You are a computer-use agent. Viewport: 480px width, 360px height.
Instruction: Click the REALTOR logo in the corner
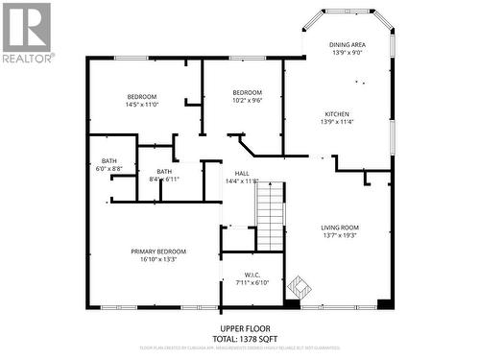click(27, 33)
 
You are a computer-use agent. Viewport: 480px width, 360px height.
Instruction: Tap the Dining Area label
click(347, 44)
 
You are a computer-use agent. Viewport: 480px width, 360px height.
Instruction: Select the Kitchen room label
click(337, 114)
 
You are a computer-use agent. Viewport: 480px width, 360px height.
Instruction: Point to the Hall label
click(242, 173)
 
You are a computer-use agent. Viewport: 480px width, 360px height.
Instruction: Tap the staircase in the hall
click(272, 216)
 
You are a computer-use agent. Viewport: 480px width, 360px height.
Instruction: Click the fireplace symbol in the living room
click(300, 286)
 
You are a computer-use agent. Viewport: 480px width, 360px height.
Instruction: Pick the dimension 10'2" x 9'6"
click(248, 100)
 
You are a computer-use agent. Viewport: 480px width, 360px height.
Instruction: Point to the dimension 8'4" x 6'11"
click(164, 180)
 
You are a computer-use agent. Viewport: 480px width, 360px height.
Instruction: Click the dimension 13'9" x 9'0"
click(347, 52)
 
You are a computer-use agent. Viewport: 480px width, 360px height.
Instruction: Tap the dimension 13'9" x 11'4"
click(337, 122)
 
